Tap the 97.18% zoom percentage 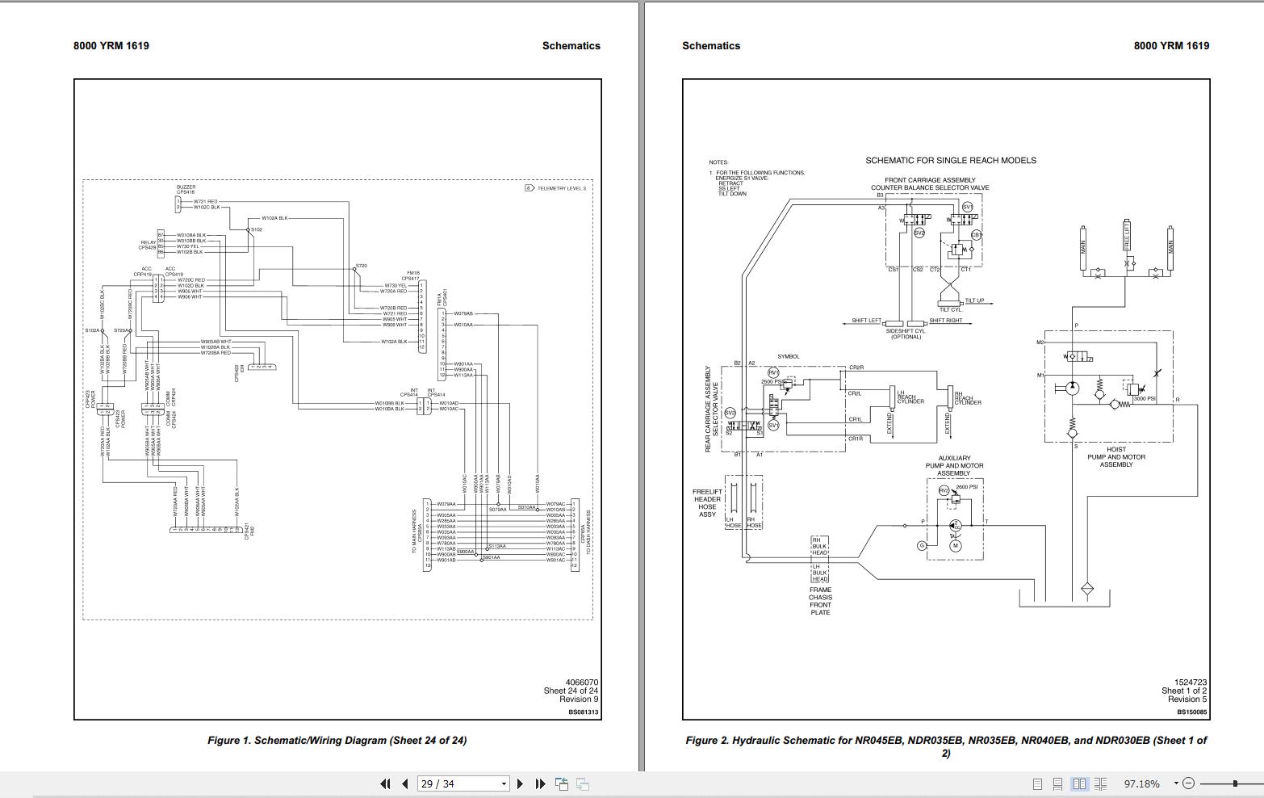coord(1141,783)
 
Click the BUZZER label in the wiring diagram coord(186,187)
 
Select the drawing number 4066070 coord(581,682)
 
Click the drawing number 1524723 coord(1190,682)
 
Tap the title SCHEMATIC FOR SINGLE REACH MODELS coord(950,161)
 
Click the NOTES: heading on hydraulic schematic coord(718,162)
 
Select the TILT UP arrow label coord(974,300)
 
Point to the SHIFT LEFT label coord(866,321)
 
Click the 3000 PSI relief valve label coord(1145,399)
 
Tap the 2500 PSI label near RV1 coord(772,381)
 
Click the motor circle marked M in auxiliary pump coord(956,546)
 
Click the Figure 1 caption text coord(337,740)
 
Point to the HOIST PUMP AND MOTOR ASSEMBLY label coord(1116,457)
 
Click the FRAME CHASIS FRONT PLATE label coord(820,601)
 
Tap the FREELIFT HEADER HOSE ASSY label coord(707,503)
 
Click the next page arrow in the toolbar coord(520,783)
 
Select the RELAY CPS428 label coord(148,245)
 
